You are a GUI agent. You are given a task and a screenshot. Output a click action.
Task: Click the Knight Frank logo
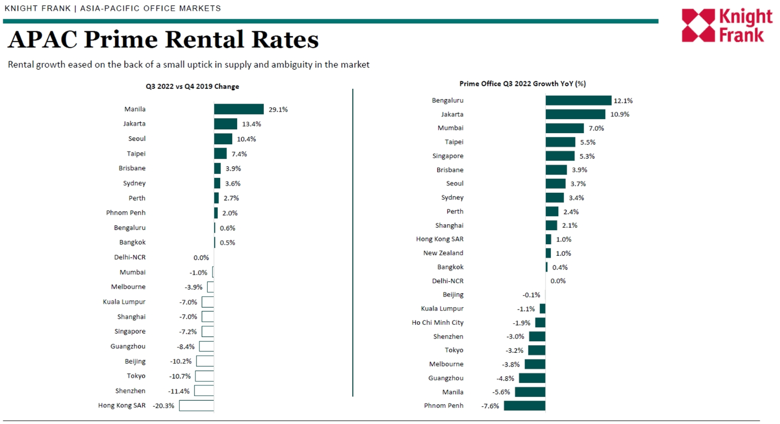[726, 25]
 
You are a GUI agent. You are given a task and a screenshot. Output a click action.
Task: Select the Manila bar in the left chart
[239, 109]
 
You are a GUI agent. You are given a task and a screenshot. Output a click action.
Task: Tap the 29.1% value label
[278, 109]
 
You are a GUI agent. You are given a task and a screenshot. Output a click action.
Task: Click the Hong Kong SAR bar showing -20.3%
[197, 406]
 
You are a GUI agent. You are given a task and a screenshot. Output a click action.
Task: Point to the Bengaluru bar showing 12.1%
[578, 101]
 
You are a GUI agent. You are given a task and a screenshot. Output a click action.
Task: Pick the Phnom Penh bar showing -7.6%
[525, 406]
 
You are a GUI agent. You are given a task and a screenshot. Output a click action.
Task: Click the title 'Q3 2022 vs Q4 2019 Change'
[192, 86]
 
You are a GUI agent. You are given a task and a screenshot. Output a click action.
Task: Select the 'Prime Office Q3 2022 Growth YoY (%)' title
[523, 83]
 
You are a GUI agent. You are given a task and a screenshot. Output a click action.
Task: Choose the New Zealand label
[443, 253]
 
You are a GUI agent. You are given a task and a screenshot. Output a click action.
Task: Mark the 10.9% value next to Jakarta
[620, 114]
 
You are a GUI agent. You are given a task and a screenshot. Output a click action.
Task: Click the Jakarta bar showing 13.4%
[225, 124]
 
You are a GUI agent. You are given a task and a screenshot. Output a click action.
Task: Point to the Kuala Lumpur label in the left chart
[124, 301]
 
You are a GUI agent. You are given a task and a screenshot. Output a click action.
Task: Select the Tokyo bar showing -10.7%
[205, 376]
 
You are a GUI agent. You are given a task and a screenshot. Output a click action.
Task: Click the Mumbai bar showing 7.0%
[565, 128]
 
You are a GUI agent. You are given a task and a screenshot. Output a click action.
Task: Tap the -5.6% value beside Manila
[501, 392]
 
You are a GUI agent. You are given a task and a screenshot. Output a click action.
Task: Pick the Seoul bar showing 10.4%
[223, 139]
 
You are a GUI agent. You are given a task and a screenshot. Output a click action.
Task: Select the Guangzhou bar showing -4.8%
[532, 378]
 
